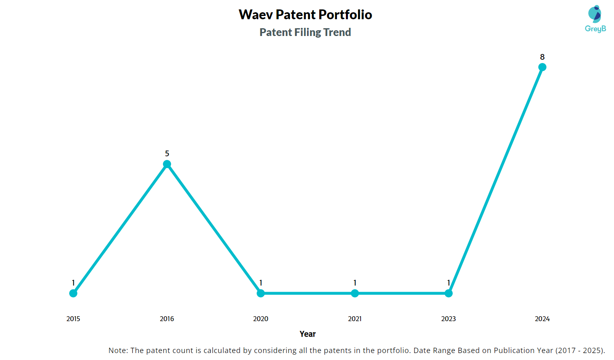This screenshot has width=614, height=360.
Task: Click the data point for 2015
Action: point(73,293)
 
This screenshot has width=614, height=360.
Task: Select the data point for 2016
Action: point(167,164)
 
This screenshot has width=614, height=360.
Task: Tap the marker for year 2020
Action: point(261,293)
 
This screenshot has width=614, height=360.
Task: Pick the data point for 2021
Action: point(355,293)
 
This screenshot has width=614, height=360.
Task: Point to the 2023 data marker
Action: point(449,293)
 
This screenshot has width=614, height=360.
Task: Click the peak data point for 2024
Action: point(542,67)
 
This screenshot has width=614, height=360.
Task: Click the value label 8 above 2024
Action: point(542,57)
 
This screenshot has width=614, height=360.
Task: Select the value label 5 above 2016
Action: point(167,154)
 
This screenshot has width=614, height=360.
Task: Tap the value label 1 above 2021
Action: point(355,283)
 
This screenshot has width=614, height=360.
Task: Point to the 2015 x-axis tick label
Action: point(73,319)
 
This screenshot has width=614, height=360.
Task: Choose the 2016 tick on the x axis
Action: point(167,319)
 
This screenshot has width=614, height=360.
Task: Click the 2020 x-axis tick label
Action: point(261,319)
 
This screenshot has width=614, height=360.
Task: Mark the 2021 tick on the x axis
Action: point(355,319)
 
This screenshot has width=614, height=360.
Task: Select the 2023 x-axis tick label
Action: point(449,319)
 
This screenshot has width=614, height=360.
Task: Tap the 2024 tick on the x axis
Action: point(542,319)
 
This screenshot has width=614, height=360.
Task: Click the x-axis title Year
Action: point(307,334)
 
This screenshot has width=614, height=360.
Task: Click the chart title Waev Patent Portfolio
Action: point(305,15)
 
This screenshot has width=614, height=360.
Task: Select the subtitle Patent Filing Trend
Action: point(305,32)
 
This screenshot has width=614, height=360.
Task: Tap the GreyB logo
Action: point(595,19)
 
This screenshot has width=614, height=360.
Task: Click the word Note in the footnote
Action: point(117,351)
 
